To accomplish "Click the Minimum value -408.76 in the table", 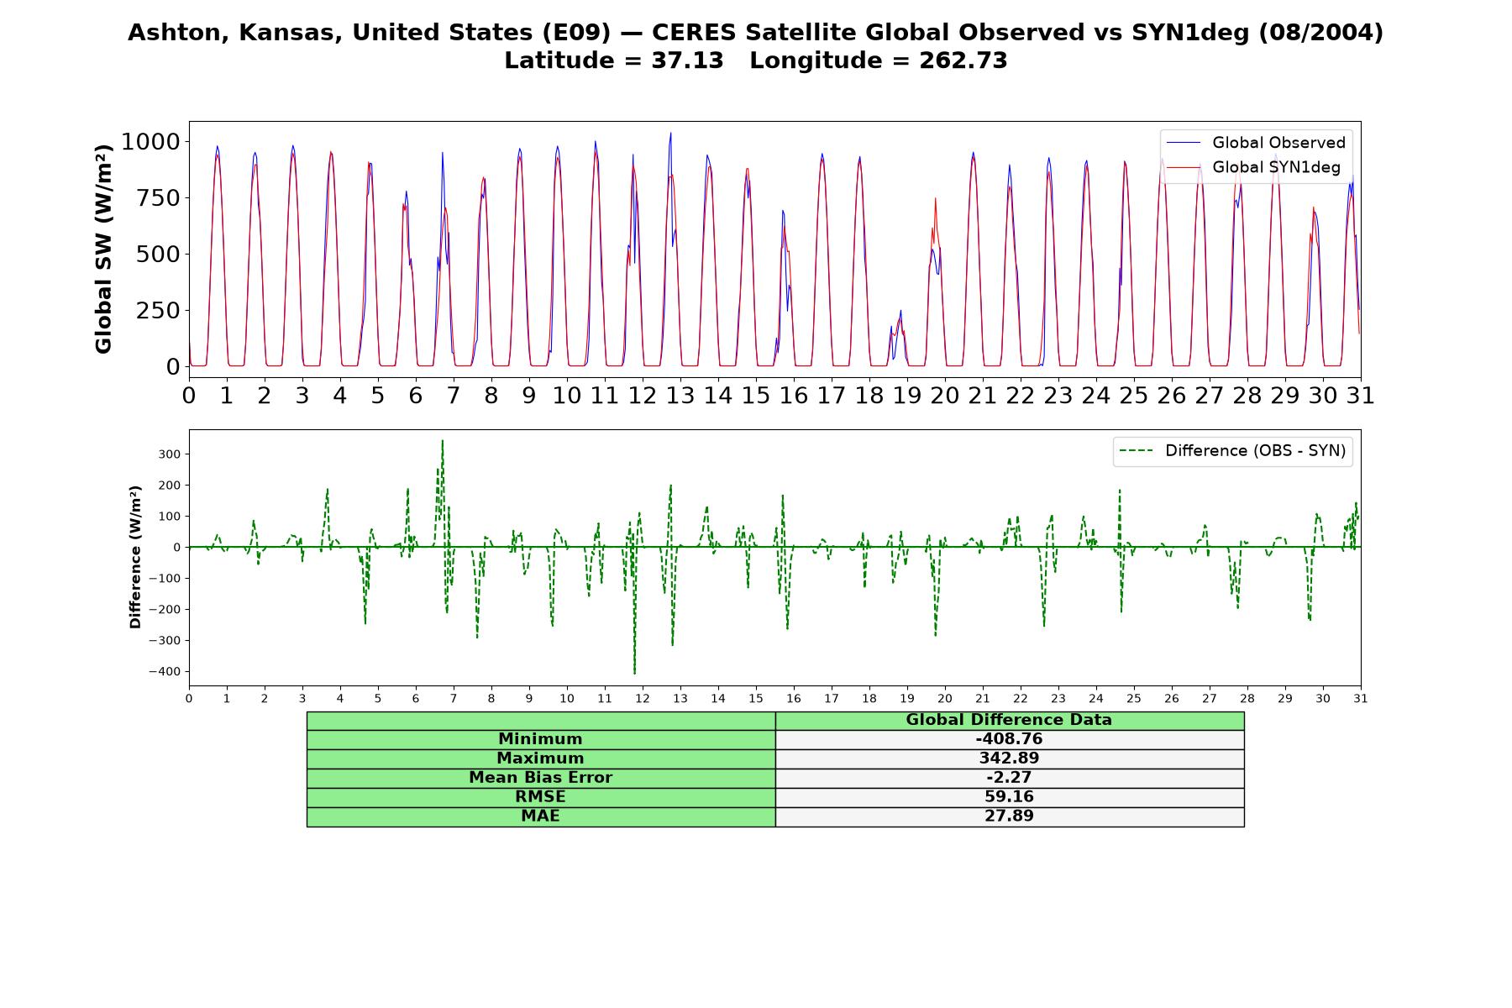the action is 1009,739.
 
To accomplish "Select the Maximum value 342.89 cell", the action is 1009,759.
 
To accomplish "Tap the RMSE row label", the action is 540,797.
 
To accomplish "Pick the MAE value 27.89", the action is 1009,816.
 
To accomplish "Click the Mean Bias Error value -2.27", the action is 1009,778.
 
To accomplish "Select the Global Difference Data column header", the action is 1009,720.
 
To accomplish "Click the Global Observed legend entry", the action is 1256,143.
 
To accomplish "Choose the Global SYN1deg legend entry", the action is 1253,167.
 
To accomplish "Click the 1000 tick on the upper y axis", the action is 150,141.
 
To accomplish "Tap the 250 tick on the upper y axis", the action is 158,310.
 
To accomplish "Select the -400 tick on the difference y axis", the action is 164,671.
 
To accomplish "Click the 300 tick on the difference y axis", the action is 170,454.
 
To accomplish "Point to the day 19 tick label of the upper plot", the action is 907,396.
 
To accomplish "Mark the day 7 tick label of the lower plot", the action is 454,699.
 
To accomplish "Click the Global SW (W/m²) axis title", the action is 103,249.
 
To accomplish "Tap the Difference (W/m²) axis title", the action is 135,557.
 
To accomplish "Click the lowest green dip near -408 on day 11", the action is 634,673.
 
